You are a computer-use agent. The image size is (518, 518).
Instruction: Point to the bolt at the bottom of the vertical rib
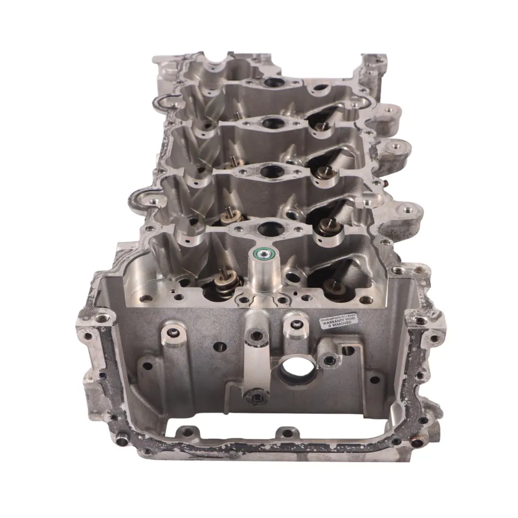pos(253,396)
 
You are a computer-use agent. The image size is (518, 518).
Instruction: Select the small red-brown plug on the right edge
pos(385,183)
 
